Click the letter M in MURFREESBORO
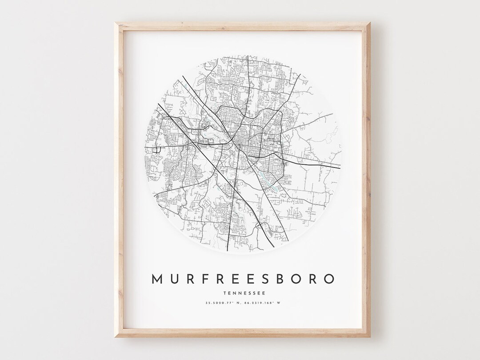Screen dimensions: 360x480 tap(158, 279)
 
